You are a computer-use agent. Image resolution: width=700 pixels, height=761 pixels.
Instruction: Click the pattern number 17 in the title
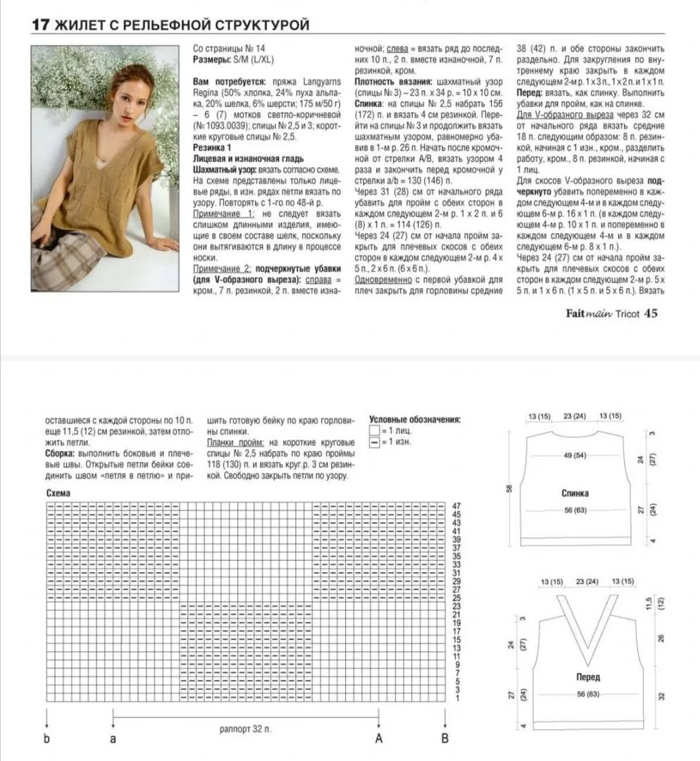coord(39,25)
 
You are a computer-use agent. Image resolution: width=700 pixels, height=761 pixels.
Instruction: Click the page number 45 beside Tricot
coord(651,314)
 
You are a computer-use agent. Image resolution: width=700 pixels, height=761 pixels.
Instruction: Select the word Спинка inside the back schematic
coord(575,493)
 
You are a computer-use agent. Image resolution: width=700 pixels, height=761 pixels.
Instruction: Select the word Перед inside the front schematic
coord(587,677)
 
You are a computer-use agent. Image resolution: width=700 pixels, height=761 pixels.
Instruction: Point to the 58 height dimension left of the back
coord(509,488)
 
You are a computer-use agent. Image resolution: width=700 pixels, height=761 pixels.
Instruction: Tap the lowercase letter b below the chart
coord(46,739)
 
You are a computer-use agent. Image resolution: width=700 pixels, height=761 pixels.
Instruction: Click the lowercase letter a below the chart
coord(113,739)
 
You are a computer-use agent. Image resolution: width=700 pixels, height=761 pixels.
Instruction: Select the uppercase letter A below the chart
coord(379,739)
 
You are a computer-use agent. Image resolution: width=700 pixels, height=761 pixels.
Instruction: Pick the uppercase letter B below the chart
coord(444,739)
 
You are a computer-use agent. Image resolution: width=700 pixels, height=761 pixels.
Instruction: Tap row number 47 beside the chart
coord(456,506)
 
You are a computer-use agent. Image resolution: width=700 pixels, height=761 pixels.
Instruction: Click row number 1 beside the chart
coord(456,698)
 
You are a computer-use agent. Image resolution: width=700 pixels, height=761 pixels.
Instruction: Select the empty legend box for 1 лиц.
coord(374,430)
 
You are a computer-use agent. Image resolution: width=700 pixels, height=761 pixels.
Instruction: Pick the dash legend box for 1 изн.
coord(374,442)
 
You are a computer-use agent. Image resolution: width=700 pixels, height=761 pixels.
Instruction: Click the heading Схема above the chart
coord(58,494)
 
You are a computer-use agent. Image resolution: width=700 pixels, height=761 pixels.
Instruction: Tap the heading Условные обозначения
coord(414,419)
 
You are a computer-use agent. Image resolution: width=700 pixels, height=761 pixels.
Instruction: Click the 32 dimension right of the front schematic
coord(661,695)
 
